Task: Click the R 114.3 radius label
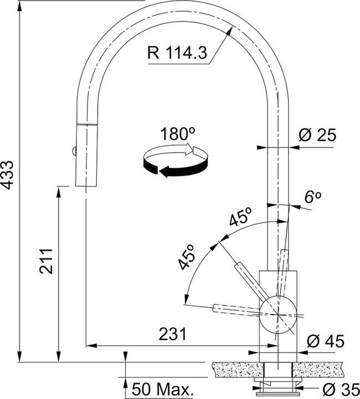(177, 53)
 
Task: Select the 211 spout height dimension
(47, 262)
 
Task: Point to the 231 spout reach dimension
(172, 334)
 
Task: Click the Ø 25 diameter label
(317, 135)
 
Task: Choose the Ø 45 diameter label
(326, 341)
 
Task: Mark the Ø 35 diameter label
(341, 389)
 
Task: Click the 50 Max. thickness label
(161, 389)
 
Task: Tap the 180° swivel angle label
(178, 134)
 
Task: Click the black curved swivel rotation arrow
(176, 167)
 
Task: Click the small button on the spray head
(74, 151)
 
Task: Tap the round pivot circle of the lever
(278, 315)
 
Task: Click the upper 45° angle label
(240, 217)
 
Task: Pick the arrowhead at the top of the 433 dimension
(20, 7)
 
